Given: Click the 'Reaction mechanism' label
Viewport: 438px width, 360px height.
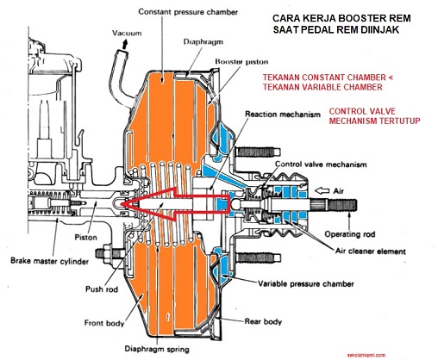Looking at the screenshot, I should point(285,114).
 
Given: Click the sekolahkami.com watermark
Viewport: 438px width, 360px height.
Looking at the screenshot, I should point(410,353).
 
